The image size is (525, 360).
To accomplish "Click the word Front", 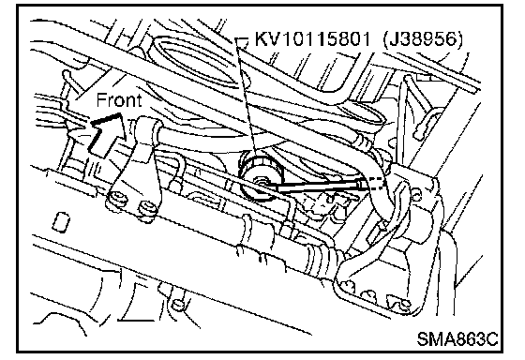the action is point(119,100).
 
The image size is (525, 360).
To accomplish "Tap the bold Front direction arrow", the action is point(106,135).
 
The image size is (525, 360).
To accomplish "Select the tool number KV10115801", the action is point(312,38).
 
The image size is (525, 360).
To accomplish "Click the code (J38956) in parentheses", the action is point(422,39).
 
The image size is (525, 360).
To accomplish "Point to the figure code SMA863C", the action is point(457,338).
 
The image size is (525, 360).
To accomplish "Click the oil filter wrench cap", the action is point(262,176).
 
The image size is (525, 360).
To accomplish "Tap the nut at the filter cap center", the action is point(262,183).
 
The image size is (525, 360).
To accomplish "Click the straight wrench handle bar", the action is point(320,187).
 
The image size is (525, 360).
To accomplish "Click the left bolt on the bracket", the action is point(118,199).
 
